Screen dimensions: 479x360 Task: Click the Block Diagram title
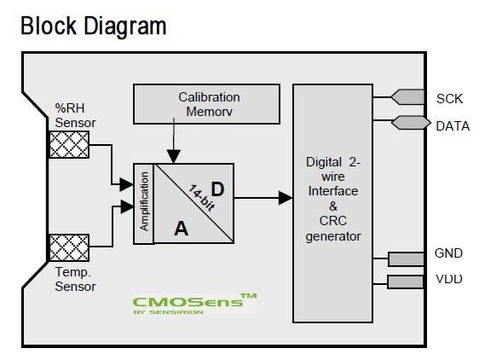click(x=94, y=27)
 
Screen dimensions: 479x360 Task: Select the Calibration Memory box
click(x=206, y=104)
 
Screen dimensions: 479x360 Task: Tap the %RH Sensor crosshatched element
click(x=69, y=144)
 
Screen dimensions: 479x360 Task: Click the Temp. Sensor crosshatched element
click(x=69, y=247)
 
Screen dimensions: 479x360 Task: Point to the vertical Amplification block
click(x=143, y=203)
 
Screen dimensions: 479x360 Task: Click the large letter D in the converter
click(x=217, y=189)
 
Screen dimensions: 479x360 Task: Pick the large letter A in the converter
click(x=182, y=229)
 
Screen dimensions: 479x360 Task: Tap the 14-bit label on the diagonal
click(x=201, y=198)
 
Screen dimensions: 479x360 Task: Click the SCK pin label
click(x=449, y=99)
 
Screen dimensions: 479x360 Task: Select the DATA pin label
click(x=453, y=126)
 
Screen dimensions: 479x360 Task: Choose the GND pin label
click(x=448, y=253)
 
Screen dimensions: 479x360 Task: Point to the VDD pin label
click(x=449, y=279)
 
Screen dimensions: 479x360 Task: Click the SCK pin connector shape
click(x=407, y=97)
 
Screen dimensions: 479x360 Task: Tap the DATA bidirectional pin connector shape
click(x=411, y=123)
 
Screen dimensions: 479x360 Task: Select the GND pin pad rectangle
click(x=407, y=259)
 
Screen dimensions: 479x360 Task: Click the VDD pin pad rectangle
click(x=406, y=282)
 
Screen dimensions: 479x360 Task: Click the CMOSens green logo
click(x=194, y=304)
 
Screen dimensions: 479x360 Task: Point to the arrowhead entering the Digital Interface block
click(x=286, y=198)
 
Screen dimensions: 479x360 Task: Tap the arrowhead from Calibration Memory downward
click(x=173, y=157)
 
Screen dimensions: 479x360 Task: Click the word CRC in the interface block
click(x=332, y=221)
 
